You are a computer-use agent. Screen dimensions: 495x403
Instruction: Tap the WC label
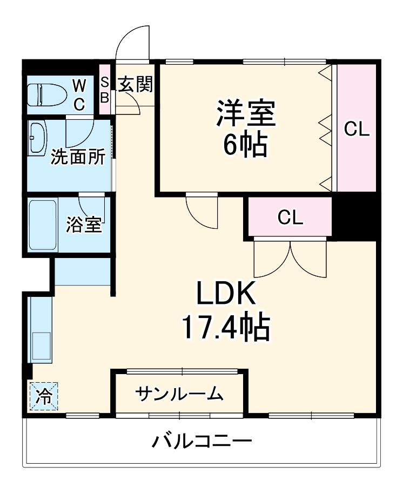(79, 95)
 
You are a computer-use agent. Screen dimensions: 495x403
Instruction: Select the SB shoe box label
(105, 90)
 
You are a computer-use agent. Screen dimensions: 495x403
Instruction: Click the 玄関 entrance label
(135, 84)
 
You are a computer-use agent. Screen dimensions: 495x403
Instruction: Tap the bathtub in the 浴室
(42, 225)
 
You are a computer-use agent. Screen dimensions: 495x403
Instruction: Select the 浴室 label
(84, 225)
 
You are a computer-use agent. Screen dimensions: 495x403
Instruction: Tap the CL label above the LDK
(290, 218)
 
